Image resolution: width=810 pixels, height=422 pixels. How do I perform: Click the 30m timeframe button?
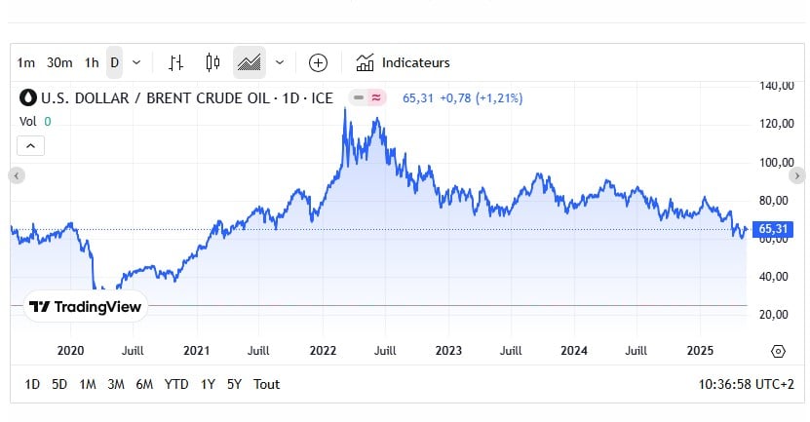tap(59, 62)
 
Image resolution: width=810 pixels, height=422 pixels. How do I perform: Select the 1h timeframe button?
tap(92, 62)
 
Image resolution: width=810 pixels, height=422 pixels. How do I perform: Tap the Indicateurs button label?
tap(415, 62)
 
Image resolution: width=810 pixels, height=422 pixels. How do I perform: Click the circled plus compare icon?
tap(318, 62)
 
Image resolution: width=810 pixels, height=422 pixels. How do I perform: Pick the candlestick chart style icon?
tap(212, 62)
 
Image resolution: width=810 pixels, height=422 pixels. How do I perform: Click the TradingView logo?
tap(85, 307)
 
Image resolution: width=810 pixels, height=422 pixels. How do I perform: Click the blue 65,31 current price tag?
tap(774, 229)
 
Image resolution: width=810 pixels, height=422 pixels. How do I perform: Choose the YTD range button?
tap(176, 384)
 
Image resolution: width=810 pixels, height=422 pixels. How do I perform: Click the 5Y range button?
tap(234, 384)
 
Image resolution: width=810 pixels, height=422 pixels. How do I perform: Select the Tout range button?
tap(266, 384)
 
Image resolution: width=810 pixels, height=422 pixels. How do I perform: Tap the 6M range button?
tap(144, 384)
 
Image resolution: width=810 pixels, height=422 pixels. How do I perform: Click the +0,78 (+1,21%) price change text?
tap(481, 97)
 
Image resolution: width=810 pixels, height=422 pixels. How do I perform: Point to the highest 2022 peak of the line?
tap(345, 109)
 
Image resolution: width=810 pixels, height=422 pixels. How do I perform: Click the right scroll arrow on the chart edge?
tap(797, 175)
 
